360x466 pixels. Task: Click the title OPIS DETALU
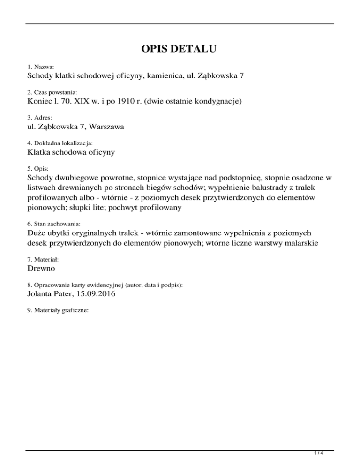(x=180, y=49)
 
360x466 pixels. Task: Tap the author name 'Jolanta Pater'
(x=47, y=294)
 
